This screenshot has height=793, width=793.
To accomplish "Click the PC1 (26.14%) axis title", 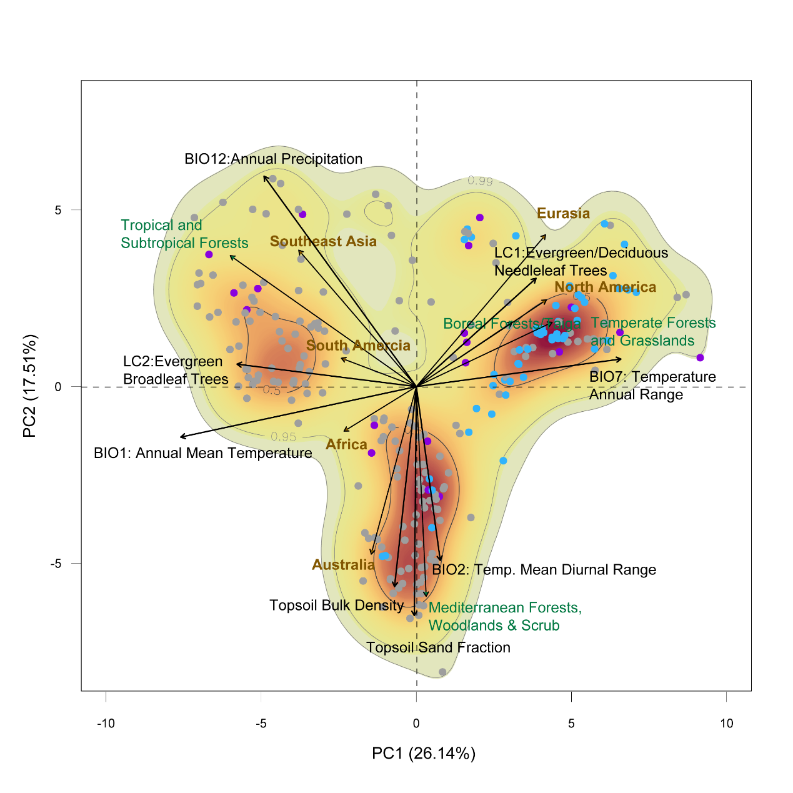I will (423, 754).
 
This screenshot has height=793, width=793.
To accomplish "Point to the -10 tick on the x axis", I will (106, 724).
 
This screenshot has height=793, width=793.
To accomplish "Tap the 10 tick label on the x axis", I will (726, 724).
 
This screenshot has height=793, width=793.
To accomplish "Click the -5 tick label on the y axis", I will (56, 564).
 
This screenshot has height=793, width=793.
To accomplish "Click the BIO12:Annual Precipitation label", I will (273, 159).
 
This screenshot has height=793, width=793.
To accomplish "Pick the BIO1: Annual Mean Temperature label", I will (202, 454).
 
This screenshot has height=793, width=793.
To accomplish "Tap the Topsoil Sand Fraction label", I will (438, 648).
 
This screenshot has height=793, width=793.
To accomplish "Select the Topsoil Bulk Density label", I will (336, 606).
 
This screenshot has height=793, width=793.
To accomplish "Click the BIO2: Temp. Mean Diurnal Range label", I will (544, 570).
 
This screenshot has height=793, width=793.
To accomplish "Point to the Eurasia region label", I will (563, 214).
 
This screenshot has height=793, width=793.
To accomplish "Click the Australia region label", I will (343, 566).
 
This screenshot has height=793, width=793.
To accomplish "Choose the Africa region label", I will (346, 445).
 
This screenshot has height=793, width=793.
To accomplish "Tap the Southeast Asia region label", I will (323, 242).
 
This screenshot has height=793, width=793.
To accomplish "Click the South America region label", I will (358, 346).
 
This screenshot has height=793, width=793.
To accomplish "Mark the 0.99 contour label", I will (480, 181).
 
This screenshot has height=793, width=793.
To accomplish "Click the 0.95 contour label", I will (283, 437).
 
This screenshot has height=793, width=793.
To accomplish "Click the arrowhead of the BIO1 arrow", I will (181, 437).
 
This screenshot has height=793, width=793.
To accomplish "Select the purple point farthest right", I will (700, 357).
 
